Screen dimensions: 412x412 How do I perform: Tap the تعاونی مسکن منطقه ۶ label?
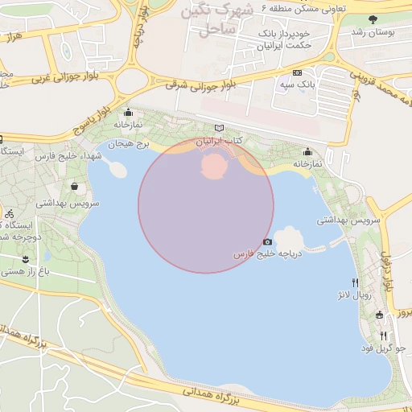(303, 9)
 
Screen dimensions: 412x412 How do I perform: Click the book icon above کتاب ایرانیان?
(220, 129)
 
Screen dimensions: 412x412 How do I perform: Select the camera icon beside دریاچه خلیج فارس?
(267, 241)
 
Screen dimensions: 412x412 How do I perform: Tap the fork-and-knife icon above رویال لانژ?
(355, 282)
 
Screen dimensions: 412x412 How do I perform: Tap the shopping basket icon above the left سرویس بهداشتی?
(75, 187)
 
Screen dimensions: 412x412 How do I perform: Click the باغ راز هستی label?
(26, 272)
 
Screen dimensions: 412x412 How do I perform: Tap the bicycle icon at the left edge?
(9, 215)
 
